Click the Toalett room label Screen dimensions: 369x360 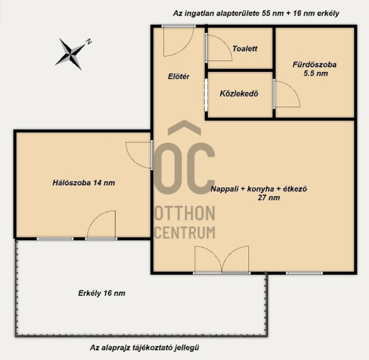tap(245, 49)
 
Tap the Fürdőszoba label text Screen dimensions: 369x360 tap(314, 65)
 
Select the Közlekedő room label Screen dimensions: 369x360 tap(239, 94)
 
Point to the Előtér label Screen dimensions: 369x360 tap(178, 76)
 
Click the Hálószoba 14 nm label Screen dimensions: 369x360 tap(83, 183)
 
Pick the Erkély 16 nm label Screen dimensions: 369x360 tap(101, 293)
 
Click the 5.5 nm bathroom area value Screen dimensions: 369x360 tap(316, 73)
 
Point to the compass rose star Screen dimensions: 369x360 tap(70, 54)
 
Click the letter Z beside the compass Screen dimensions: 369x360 tap(88, 42)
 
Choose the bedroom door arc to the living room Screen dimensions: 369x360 tap(131, 158)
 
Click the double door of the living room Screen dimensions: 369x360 tap(222, 259)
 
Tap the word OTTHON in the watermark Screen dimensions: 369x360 tap(185, 213)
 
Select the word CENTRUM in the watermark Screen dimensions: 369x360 tap(186, 233)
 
